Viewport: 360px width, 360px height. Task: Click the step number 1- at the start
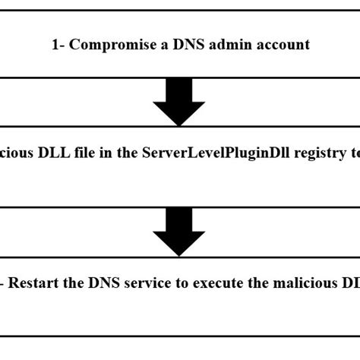point(59,45)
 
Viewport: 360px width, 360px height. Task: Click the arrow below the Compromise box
point(179,102)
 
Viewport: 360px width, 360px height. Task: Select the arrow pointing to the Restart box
point(179,232)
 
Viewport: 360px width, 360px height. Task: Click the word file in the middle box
point(83,153)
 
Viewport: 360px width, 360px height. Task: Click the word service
point(148,283)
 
